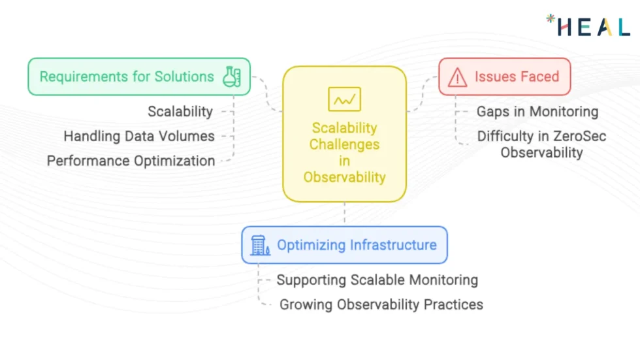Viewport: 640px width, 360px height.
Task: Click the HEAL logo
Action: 588,25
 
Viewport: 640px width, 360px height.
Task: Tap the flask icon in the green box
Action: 232,76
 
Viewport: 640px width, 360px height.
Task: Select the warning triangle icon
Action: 458,77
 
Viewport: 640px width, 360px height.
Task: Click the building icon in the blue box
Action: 260,246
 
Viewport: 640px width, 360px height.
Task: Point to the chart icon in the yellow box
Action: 344,100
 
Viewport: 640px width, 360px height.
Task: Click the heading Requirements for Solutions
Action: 127,76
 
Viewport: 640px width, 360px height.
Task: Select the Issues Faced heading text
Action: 517,76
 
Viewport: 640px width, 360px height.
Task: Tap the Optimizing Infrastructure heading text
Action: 357,245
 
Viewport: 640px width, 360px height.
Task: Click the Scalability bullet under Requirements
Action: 180,112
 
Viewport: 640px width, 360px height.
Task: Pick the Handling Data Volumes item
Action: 139,137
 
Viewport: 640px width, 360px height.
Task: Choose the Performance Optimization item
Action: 131,161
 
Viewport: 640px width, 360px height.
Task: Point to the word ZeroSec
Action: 578,137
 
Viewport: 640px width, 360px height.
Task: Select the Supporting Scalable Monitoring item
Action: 377,280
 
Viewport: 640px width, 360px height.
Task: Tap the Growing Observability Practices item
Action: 381,304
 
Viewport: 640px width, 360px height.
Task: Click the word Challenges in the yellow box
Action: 344,144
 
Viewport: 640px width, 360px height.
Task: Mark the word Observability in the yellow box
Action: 344,177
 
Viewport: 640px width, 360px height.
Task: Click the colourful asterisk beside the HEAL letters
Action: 551,18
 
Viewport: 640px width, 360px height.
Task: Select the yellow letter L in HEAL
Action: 623,27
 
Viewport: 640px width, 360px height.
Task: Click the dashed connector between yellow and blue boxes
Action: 345,214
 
